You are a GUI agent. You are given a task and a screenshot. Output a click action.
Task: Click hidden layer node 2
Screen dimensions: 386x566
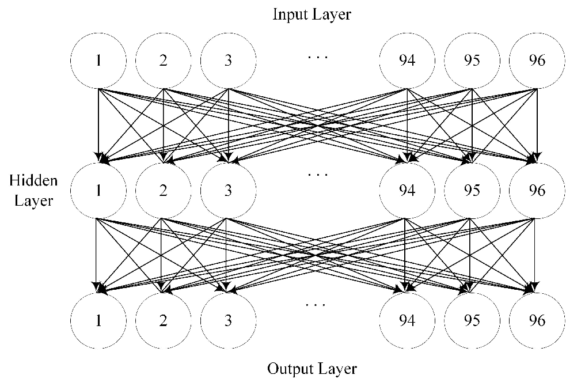pos(164,191)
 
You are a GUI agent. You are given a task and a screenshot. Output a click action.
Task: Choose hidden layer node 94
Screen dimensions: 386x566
pos(407,191)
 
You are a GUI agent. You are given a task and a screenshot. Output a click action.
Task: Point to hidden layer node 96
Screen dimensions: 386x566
pos(537,191)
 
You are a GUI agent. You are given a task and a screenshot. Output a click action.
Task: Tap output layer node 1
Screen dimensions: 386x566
pos(99,320)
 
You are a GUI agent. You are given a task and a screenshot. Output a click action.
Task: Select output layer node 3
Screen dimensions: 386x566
pos(229,320)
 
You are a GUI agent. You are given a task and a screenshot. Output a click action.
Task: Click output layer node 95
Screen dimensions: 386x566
pos(472,320)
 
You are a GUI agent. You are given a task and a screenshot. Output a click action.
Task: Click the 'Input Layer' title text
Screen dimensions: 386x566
pos(312,14)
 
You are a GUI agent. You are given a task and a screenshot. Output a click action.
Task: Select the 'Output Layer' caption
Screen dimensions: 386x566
pos(312,368)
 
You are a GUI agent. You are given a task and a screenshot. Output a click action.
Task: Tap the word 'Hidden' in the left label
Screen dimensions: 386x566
pos(33,181)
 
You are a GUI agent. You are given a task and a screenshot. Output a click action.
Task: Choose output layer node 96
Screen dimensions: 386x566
pos(537,320)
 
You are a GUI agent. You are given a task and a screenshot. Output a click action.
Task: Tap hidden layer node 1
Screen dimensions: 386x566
pos(99,191)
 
